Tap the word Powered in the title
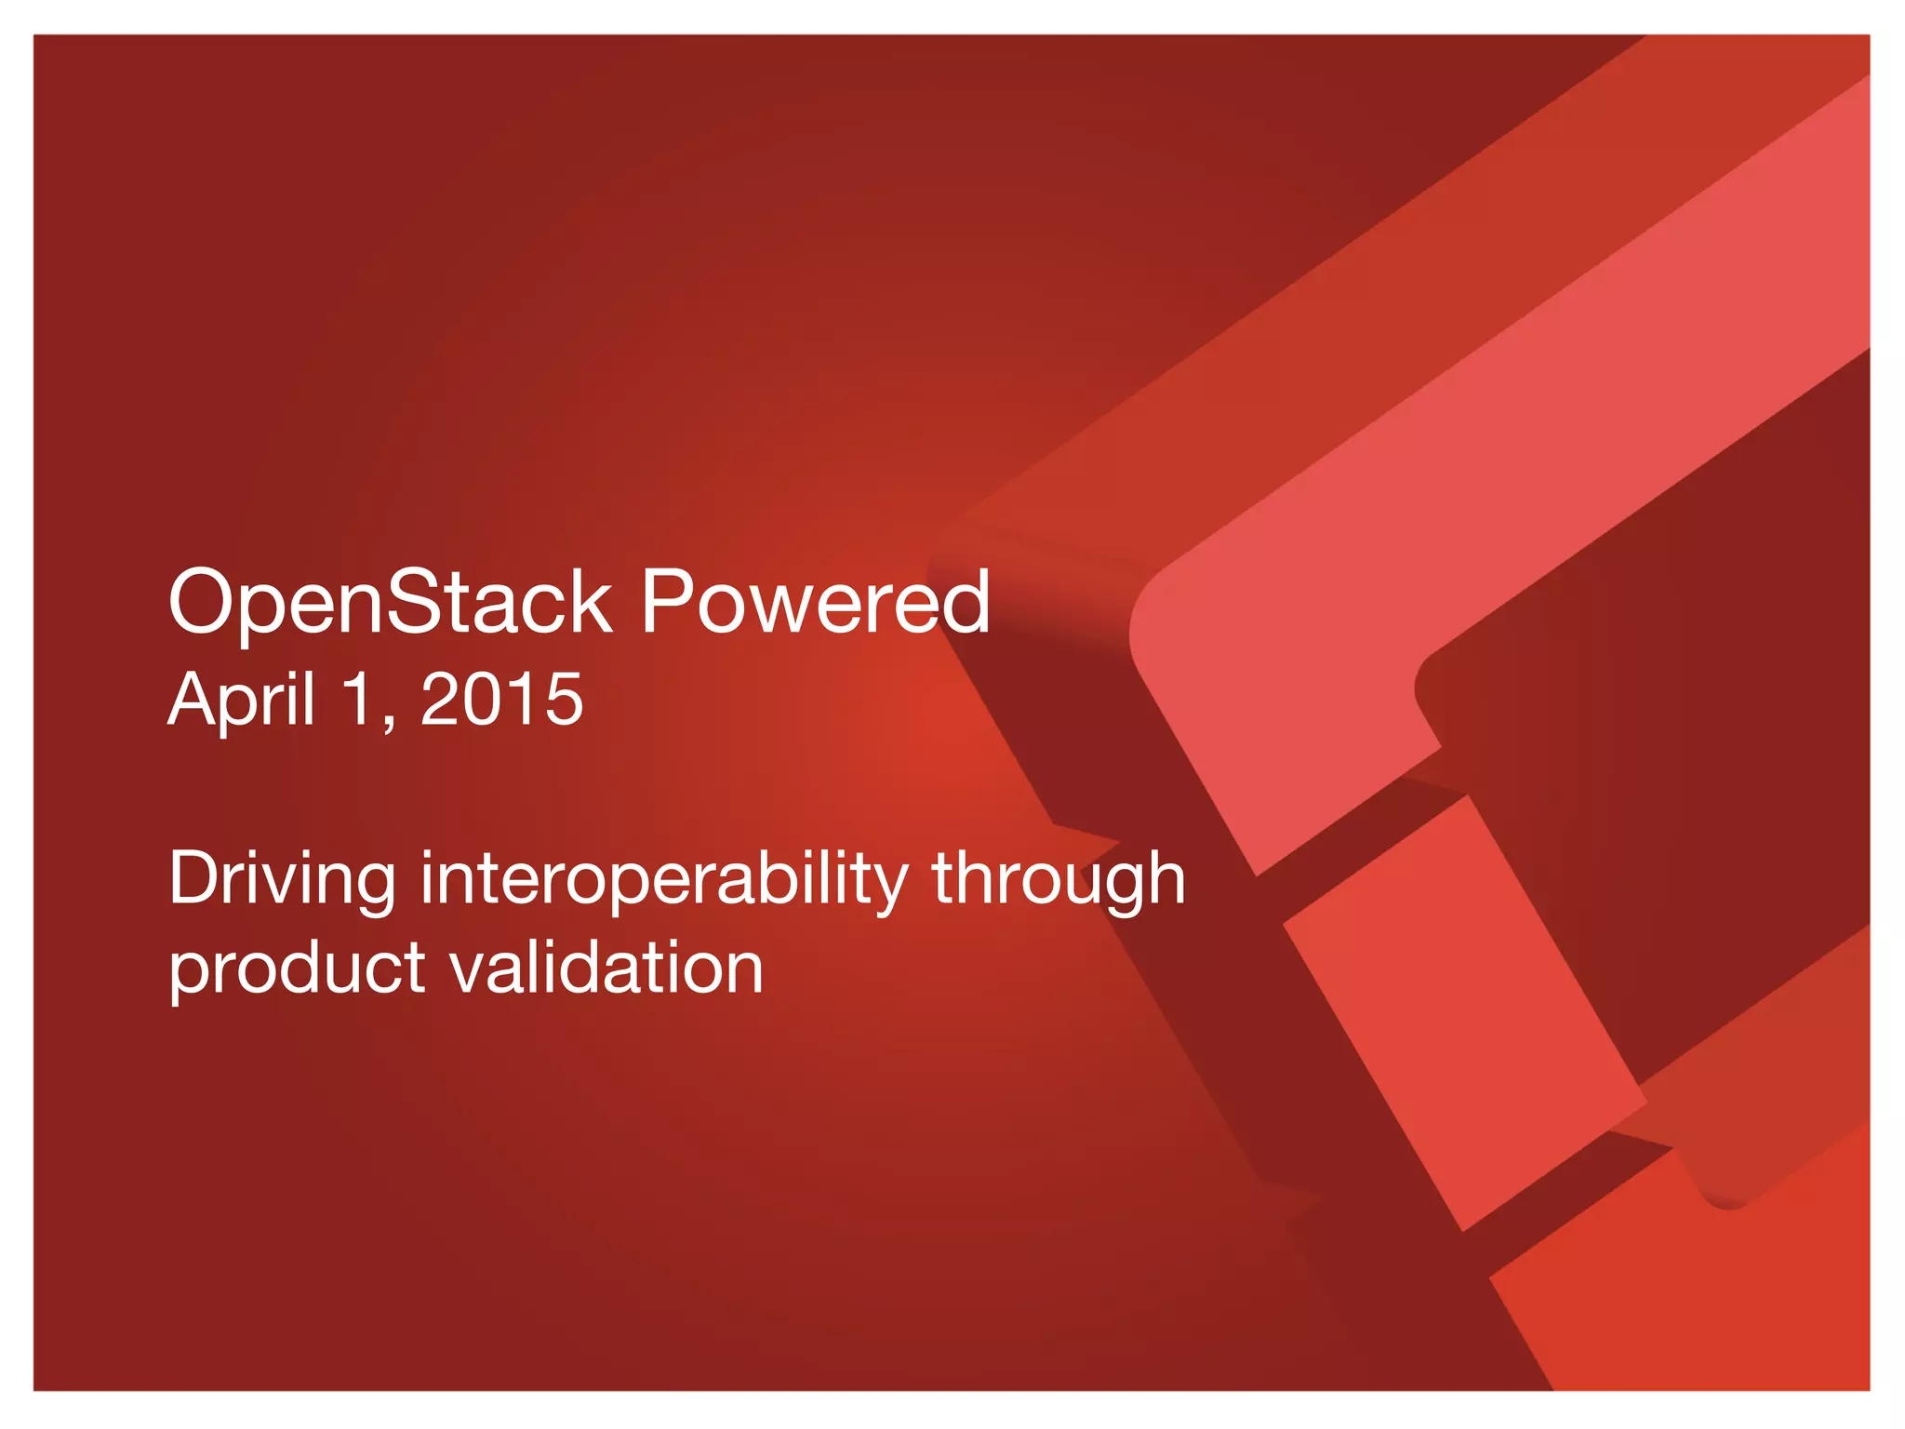[x=815, y=603]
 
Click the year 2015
[x=502, y=700]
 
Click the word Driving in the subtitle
[x=282, y=879]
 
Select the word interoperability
[x=663, y=879]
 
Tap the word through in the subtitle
[x=1059, y=879]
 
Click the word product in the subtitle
[x=297, y=968]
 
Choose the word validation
[x=607, y=968]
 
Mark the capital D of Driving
[x=193, y=879]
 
